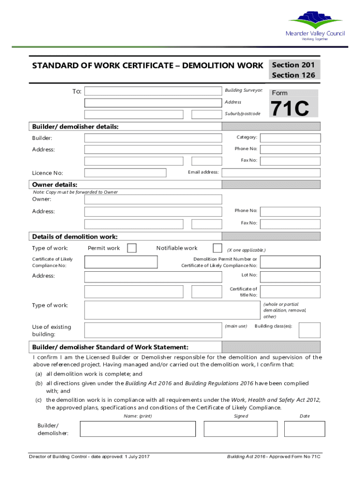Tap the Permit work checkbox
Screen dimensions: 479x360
click(132, 248)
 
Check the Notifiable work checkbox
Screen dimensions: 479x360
click(217, 248)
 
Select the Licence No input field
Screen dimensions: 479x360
click(125, 173)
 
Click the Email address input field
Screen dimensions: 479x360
click(271, 173)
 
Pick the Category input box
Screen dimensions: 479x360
click(290, 138)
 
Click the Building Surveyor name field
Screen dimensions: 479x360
click(153, 91)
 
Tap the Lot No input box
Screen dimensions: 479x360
click(290, 276)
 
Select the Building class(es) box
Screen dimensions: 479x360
click(310, 330)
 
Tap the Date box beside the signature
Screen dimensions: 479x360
click(304, 429)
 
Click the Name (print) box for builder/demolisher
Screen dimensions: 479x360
click(138, 429)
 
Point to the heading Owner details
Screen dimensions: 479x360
click(55, 185)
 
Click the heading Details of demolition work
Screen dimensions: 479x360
click(75, 237)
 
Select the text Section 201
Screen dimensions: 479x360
click(293, 65)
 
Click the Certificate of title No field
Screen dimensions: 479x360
click(290, 291)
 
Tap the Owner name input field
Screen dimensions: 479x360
click(153, 199)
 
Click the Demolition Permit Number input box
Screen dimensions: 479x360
click(290, 262)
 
